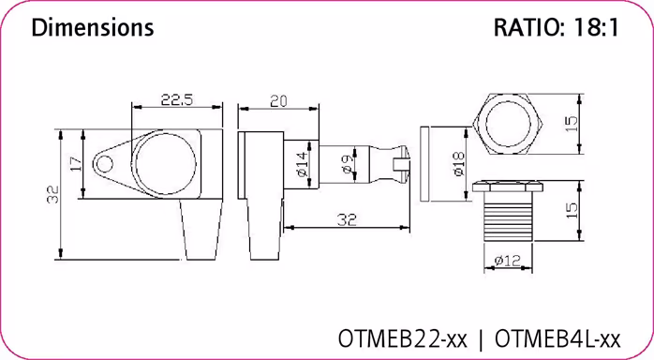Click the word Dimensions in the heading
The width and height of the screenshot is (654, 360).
[x=92, y=28]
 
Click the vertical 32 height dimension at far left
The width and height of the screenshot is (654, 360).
[x=53, y=195]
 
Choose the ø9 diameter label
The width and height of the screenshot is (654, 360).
[x=346, y=165]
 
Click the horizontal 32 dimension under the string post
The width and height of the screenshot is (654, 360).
[x=346, y=218]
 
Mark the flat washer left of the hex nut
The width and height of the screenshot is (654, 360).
[x=424, y=165]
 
